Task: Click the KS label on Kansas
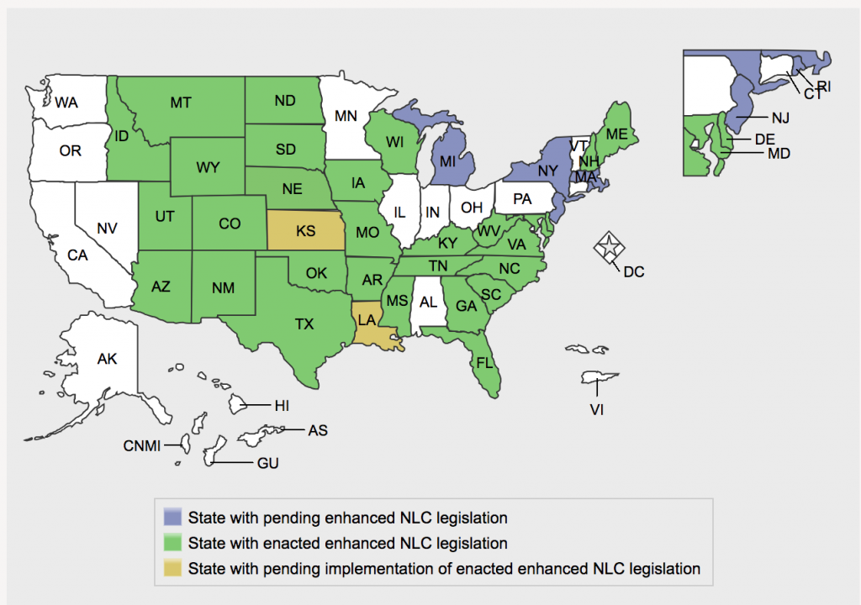(306, 230)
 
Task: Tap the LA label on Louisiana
(367, 320)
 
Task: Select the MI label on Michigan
(449, 160)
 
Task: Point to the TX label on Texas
(304, 323)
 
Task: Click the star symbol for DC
(606, 248)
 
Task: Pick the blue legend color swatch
(173, 517)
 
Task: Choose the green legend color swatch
(173, 543)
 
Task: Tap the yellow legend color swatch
(173, 569)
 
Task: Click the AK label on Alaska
(107, 359)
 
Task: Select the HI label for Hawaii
(282, 406)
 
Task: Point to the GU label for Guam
(267, 463)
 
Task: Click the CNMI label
(141, 445)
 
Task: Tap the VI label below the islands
(596, 410)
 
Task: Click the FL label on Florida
(484, 363)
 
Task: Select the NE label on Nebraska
(293, 189)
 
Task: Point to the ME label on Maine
(617, 134)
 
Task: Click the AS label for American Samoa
(318, 430)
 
